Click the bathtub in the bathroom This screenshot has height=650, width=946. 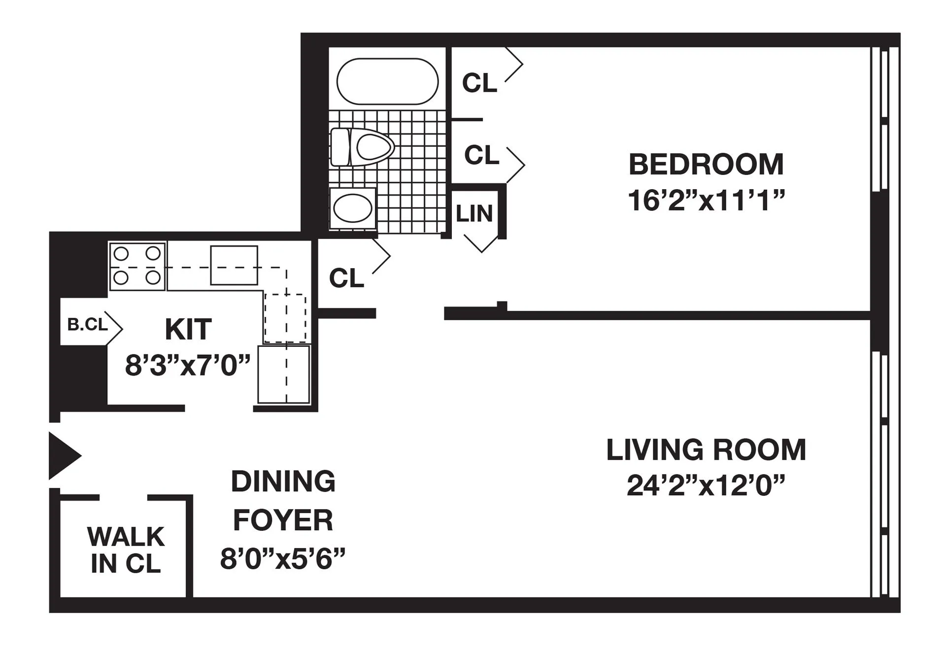point(387,82)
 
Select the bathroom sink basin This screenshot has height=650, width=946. point(352,208)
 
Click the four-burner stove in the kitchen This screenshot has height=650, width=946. point(137,266)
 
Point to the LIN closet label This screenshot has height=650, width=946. point(474,214)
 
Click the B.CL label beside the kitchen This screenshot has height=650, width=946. point(87,325)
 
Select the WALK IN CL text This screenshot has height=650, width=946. point(126,550)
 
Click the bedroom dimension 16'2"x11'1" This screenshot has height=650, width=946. point(706,201)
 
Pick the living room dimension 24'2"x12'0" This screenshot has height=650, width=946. point(705,486)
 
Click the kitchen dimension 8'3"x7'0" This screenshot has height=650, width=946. point(188,366)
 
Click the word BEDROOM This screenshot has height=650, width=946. point(706,165)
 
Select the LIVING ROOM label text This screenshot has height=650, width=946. point(706,450)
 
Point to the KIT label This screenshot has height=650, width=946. point(188,329)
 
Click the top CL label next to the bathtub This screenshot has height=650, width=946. point(479,83)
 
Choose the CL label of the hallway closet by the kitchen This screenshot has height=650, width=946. point(346,278)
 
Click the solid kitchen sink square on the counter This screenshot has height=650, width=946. point(234,266)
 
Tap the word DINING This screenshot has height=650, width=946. point(283,481)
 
